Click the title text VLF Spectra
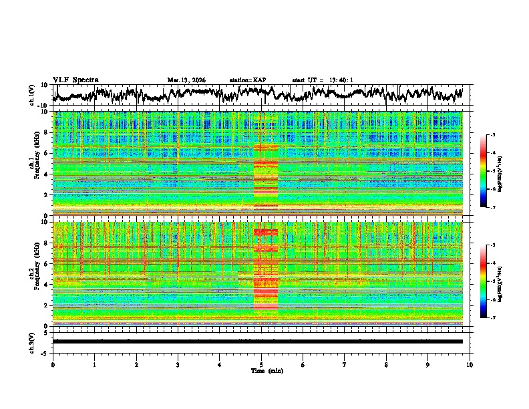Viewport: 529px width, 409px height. [75, 80]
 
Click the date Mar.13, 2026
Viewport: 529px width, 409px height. [186, 80]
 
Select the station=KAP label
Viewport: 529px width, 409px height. [248, 80]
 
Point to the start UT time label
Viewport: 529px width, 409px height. [322, 80]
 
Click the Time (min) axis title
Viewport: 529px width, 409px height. [267, 370]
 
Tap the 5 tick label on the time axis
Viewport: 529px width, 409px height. [261, 364]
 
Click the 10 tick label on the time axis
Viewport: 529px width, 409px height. [470, 364]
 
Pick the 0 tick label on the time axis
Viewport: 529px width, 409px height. [53, 364]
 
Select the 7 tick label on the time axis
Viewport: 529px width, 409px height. [345, 364]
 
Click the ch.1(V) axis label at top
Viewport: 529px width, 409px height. [32, 95]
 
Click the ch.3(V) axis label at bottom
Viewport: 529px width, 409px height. [32, 341]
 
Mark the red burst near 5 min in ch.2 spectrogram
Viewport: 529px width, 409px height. [266, 281]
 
